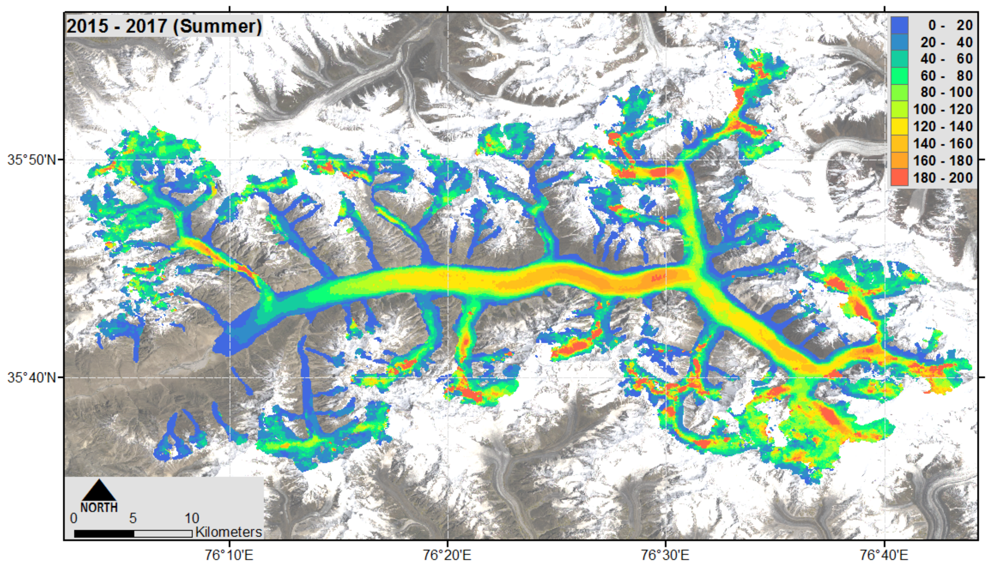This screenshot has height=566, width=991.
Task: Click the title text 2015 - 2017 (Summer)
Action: [164, 26]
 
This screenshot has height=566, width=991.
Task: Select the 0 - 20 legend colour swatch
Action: [899, 25]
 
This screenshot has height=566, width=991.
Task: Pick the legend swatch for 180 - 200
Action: [899, 177]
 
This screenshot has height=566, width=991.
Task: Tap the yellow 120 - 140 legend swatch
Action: [899, 127]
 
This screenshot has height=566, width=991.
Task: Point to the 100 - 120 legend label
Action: [943, 109]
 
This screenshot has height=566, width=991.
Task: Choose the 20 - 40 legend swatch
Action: [899, 42]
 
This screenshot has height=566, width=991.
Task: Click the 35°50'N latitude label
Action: [31, 160]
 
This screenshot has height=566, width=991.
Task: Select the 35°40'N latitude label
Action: [31, 377]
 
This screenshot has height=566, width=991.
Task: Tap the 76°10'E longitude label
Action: [229, 555]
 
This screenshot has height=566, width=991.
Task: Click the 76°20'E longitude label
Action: [447, 555]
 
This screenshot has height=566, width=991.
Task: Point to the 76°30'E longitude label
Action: [665, 555]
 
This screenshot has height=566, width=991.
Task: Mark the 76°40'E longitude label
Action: [884, 555]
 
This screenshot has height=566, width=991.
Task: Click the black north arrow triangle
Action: [99, 492]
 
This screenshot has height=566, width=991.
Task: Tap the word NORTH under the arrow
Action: [99, 507]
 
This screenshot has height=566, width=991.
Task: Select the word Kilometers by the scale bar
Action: [228, 532]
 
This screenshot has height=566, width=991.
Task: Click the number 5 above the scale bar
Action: [133, 518]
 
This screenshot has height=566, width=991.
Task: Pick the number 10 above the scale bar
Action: [191, 518]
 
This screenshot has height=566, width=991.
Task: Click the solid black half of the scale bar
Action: [104, 534]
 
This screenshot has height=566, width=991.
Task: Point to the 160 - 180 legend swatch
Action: [899, 160]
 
